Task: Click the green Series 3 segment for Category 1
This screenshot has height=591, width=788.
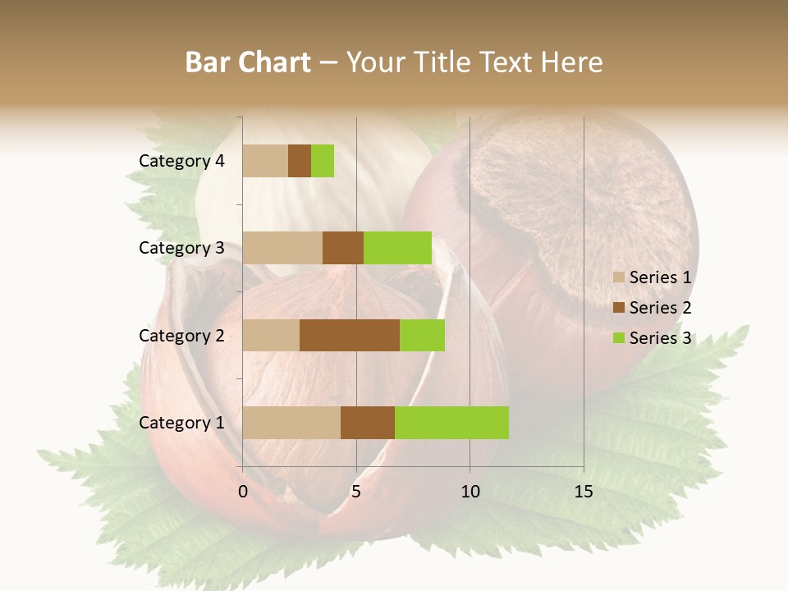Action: click(451, 423)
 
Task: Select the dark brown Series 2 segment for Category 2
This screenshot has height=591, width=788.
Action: click(349, 335)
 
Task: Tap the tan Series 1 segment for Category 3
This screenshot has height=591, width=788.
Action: click(282, 248)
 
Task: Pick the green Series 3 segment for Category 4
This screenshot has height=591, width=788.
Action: click(323, 161)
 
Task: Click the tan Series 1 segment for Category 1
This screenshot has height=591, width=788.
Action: click(291, 423)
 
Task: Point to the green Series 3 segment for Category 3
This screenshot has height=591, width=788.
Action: click(397, 248)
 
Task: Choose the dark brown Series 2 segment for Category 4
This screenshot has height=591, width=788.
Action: click(300, 161)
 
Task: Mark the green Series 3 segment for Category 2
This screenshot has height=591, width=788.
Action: click(422, 335)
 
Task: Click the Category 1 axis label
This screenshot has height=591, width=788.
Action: click(181, 423)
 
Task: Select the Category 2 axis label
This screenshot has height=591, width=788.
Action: click(181, 335)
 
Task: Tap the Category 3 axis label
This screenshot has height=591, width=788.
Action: click(181, 248)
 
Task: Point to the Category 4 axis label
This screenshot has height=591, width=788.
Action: click(181, 161)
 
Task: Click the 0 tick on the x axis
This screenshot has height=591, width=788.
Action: click(243, 492)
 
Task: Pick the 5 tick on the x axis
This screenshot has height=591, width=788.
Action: click(356, 492)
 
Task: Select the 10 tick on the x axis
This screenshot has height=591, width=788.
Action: click(470, 492)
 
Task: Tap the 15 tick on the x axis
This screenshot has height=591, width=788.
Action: click(583, 492)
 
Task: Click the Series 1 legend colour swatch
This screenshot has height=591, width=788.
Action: click(619, 277)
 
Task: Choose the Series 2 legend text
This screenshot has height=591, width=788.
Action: click(660, 308)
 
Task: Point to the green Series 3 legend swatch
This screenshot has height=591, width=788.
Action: click(619, 338)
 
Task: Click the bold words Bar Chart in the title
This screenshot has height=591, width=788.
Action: click(248, 62)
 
